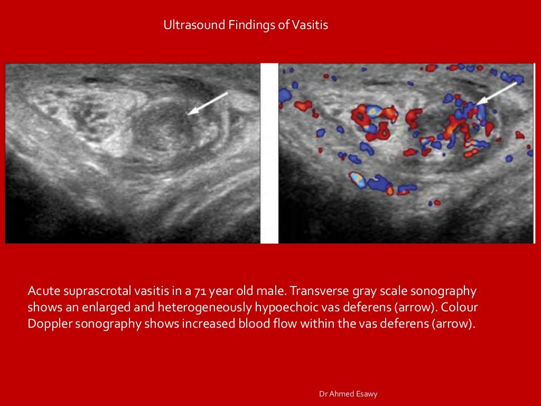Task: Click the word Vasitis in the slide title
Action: coord(310,25)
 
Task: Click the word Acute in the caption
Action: coord(43,291)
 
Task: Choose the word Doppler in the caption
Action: coord(48,324)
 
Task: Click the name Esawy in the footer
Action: coord(366,394)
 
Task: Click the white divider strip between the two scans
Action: coord(269,153)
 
